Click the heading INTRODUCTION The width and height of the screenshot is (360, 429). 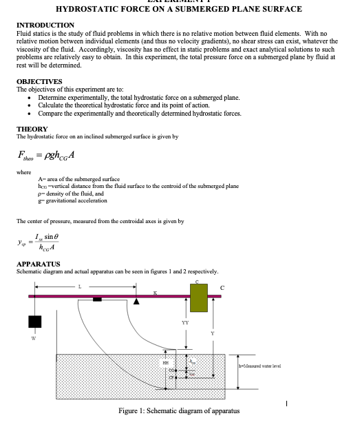click(x=45, y=25)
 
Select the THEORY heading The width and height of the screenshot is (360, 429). click(x=32, y=129)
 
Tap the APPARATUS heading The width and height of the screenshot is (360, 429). click(x=39, y=264)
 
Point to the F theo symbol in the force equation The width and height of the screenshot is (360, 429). click(x=28, y=154)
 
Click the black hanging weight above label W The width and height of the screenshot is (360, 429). click(x=35, y=322)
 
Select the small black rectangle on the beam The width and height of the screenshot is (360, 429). click(x=97, y=299)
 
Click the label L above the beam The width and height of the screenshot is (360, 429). click(x=79, y=286)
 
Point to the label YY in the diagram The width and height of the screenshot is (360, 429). click(x=184, y=321)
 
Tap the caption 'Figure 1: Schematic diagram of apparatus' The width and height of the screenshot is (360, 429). click(x=179, y=411)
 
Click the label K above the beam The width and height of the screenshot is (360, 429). click(x=155, y=293)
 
